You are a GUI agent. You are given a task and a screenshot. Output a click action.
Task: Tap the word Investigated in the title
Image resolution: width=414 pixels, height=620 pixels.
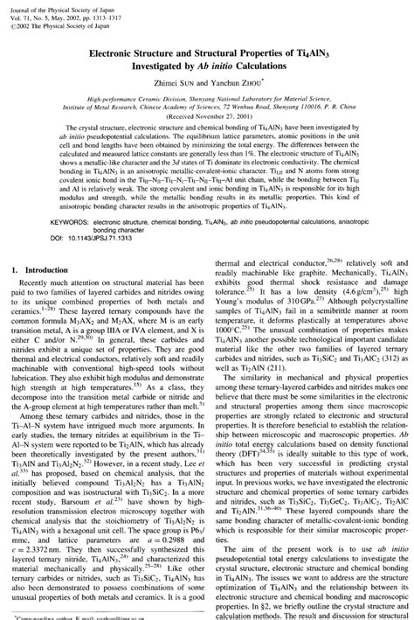pyautogui.click(x=145, y=67)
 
